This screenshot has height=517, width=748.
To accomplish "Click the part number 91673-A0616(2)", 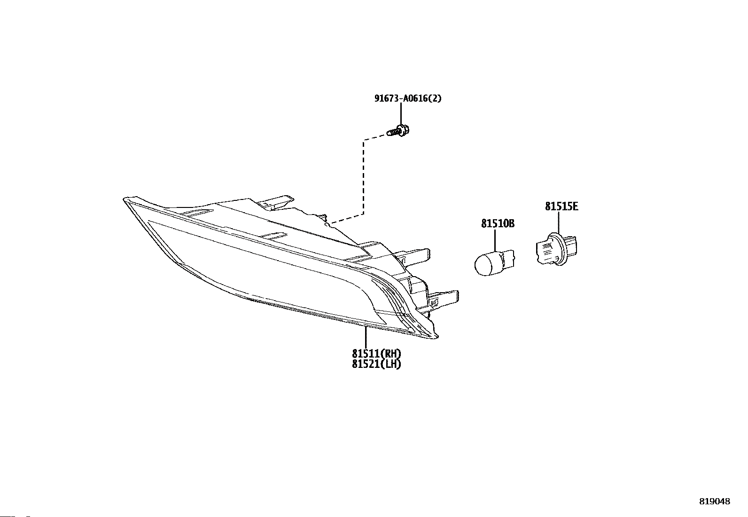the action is click(408, 99).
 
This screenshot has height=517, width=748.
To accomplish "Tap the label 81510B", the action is click(498, 224).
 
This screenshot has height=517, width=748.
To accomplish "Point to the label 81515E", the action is click(561, 207).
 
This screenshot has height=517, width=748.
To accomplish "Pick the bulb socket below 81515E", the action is click(557, 249).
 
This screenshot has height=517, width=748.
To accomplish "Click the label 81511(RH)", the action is click(377, 354).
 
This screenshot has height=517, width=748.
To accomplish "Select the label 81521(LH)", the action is click(377, 364).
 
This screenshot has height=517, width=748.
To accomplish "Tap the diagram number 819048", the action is click(715, 501).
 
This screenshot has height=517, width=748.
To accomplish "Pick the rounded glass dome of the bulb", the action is click(484, 265).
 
